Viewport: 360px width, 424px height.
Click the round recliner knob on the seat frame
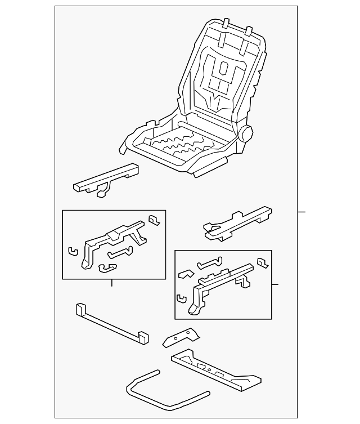tap(246, 135)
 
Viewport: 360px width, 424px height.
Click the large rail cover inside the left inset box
tap(112, 242)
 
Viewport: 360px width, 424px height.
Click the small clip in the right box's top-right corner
tap(262, 262)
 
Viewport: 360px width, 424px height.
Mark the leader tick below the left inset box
tap(112, 283)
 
